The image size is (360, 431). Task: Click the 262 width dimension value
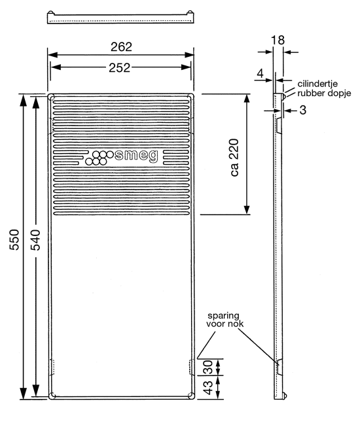(122, 46)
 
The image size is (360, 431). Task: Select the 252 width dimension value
(121, 67)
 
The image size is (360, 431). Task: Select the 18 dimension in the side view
(278, 41)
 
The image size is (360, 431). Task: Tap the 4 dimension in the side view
(261, 74)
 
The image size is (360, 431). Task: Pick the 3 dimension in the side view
(303, 111)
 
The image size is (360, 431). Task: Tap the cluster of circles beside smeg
(99, 158)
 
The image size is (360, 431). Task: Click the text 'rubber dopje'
(325, 94)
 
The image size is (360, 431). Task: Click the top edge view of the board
(121, 18)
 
